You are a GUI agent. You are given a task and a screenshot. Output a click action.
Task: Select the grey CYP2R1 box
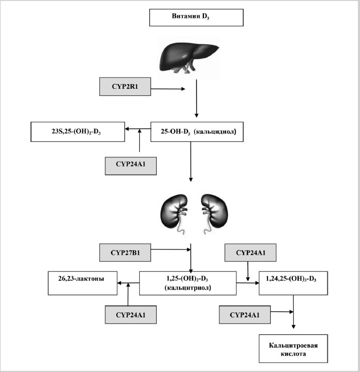coord(125,87)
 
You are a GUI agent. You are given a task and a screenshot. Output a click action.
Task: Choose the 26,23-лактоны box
coord(82,283)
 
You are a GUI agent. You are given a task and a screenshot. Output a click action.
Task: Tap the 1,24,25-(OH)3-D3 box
coord(294,284)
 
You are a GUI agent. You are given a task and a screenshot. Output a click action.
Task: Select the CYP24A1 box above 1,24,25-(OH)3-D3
coord(250,253)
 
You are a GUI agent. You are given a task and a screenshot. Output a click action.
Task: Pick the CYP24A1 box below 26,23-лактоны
coord(130,314)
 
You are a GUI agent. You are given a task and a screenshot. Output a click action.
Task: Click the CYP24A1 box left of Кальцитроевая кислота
coord(245,314)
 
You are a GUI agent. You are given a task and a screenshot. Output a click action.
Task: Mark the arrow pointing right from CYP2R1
coord(168,88)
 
